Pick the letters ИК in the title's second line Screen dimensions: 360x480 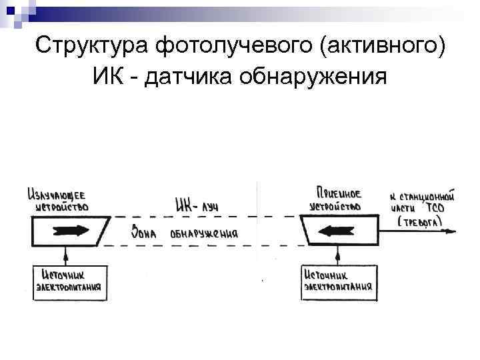click(x=110, y=78)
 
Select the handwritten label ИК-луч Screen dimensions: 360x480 click(x=197, y=206)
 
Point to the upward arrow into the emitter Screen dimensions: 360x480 click(x=65, y=254)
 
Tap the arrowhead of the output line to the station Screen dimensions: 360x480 click(x=453, y=231)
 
